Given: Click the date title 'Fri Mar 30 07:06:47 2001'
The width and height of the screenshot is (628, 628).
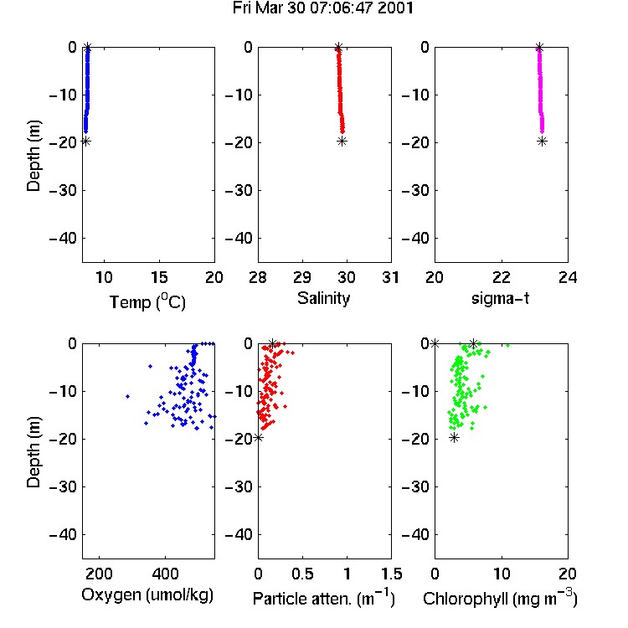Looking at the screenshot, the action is click(323, 8).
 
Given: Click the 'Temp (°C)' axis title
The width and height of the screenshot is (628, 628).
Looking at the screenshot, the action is click(147, 301).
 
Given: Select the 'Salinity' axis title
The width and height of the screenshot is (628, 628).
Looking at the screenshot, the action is click(323, 298).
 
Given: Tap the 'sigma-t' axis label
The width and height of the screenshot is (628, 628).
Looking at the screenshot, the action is click(500, 298).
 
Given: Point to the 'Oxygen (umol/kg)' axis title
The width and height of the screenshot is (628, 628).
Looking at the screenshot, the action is click(147, 595).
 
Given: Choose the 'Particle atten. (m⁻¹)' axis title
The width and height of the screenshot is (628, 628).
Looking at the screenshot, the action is click(324, 598).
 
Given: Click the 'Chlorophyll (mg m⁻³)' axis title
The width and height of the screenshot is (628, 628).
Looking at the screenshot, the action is click(500, 598).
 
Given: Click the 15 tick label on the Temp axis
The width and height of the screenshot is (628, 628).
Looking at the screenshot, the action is click(159, 277).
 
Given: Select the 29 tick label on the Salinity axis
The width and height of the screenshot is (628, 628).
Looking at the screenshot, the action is click(302, 277).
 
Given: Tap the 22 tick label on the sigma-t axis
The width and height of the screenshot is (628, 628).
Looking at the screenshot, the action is click(502, 277).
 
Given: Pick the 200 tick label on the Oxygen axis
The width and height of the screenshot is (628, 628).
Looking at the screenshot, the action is click(99, 574).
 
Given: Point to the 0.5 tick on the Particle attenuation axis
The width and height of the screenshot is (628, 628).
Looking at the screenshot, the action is click(302, 574).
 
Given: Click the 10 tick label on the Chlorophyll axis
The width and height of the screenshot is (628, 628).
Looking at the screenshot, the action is click(502, 574).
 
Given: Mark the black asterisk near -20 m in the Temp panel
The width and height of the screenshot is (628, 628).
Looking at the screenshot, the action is click(85, 141).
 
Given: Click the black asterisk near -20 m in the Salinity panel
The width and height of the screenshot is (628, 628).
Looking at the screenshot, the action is click(342, 141).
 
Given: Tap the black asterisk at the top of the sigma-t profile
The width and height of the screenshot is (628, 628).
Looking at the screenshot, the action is click(539, 47).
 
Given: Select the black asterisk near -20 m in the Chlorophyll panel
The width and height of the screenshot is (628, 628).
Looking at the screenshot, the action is click(454, 437).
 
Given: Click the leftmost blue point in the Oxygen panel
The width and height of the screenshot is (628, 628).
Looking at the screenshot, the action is click(128, 396).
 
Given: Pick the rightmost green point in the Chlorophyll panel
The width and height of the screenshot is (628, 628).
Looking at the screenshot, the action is click(508, 345).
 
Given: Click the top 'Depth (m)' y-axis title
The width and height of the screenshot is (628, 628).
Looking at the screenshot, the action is click(33, 156).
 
